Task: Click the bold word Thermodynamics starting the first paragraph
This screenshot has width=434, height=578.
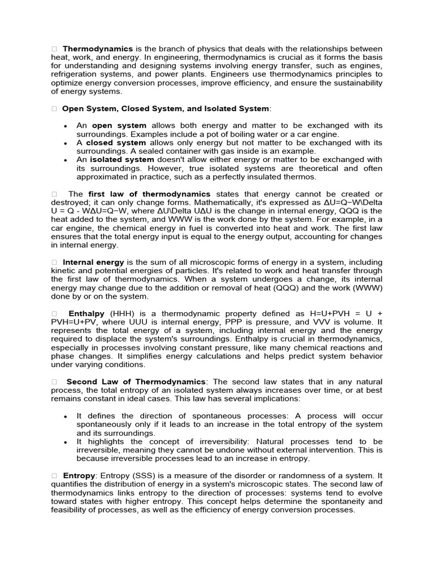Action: pos(98,49)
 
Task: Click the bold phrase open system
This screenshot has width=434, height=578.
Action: pos(119,125)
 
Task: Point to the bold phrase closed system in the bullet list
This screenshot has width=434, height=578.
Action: pos(116,142)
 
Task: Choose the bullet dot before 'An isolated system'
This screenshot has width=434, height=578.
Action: pos(67,160)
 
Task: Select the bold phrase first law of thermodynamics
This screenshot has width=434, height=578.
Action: pos(149,194)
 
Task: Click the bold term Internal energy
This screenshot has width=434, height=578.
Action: pos(94,262)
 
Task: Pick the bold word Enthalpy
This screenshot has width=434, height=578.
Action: pos(87,313)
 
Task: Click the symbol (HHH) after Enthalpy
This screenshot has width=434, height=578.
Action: pos(123,313)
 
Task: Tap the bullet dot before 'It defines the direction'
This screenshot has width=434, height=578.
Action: pos(67,416)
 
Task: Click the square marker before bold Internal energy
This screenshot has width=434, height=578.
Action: pos(54,262)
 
